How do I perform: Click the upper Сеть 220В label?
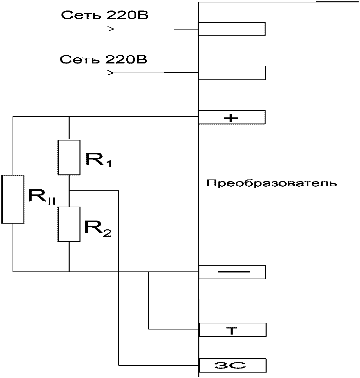(x=105, y=15)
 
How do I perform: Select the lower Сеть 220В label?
(x=103, y=59)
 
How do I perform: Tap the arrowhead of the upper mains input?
(x=111, y=29)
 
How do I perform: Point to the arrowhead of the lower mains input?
(x=111, y=73)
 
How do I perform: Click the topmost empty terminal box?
(x=232, y=29)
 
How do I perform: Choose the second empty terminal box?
(x=232, y=73)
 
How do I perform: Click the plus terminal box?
(x=232, y=117)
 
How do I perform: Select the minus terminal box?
(x=232, y=272)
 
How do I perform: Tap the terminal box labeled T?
(x=232, y=329)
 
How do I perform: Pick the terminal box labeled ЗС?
(x=232, y=365)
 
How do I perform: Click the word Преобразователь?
(x=271, y=184)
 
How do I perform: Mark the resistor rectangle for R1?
(x=69, y=157)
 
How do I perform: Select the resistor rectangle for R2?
(x=69, y=224)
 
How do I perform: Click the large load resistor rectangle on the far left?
(x=13, y=199)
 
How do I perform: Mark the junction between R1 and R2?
(x=69, y=191)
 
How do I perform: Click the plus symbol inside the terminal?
(x=231, y=118)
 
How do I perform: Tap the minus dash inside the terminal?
(x=234, y=272)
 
